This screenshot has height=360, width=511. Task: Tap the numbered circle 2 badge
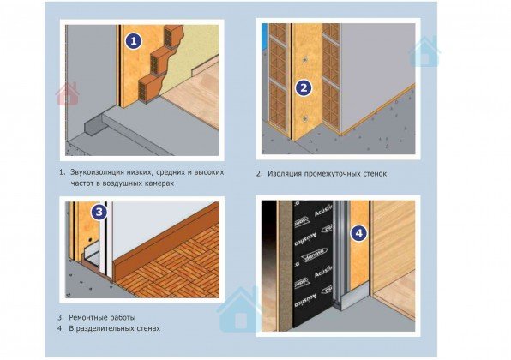coord(304,87)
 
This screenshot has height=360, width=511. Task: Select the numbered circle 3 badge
coord(99,212)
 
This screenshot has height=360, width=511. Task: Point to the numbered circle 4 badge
coord(358,233)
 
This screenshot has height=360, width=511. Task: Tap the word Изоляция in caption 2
coord(285,174)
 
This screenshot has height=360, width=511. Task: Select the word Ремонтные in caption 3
coord(86,317)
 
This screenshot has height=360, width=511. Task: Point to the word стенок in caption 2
coord(375,174)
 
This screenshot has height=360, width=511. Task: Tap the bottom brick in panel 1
coord(149,90)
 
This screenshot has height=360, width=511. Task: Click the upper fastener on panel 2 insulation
coord(305,60)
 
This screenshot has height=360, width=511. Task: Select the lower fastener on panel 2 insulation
coord(305,118)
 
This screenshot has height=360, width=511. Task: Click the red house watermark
coord(68,94)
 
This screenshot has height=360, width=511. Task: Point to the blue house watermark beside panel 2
coord(424,52)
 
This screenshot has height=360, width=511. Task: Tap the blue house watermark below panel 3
coord(241,309)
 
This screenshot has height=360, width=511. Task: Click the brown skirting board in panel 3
coord(166,239)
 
